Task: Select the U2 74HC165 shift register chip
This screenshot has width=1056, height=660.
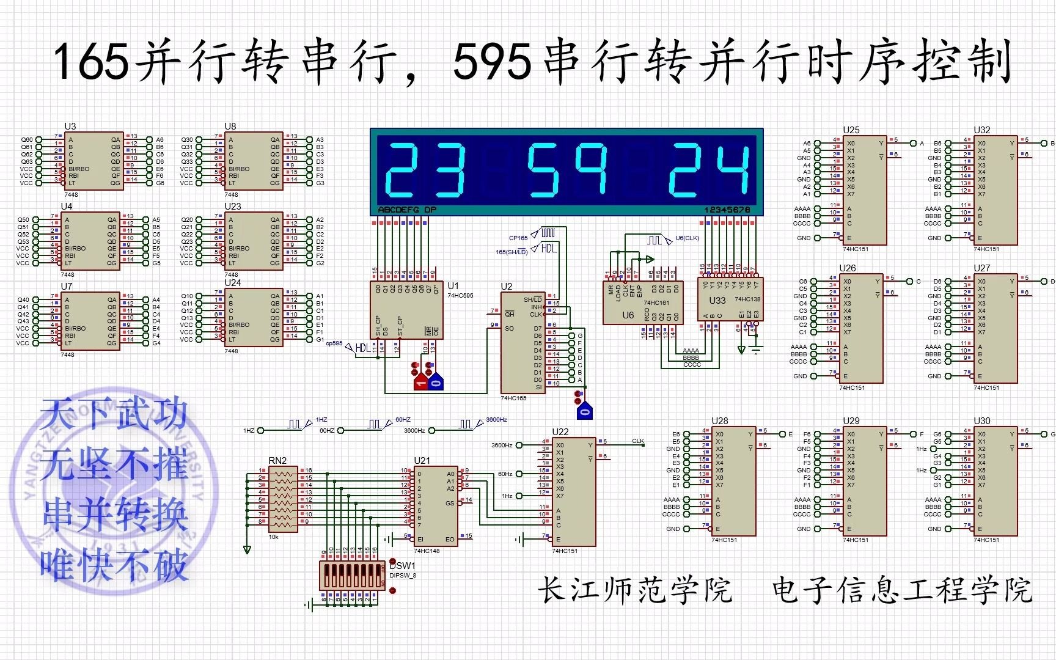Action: point(522,342)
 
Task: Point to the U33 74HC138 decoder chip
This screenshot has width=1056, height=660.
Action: point(730,300)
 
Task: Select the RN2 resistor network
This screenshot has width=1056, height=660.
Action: point(283,499)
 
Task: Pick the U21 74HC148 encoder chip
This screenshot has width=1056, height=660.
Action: point(436,505)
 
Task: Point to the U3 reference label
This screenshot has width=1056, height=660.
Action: point(70,126)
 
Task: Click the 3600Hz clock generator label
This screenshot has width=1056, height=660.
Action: point(496,420)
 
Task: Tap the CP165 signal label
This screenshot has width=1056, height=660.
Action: point(518,238)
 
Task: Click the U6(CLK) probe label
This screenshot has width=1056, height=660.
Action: point(687,238)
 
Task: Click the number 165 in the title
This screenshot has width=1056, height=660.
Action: point(92,61)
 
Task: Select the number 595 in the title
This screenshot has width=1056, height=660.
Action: point(492,61)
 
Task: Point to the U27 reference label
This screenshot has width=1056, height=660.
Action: point(981,268)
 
